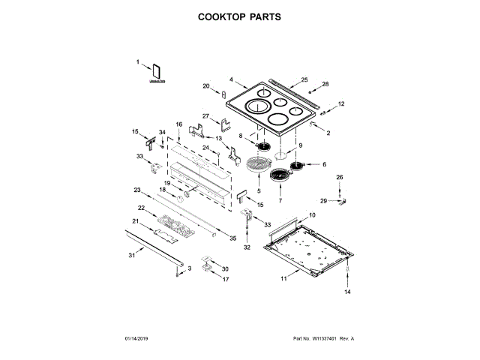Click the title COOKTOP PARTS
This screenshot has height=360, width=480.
(x=239, y=16)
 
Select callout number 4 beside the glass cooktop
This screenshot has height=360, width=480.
(x=232, y=79)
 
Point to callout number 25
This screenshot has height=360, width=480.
(x=304, y=79)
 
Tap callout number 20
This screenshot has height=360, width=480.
(x=206, y=86)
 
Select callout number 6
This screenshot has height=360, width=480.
(x=325, y=164)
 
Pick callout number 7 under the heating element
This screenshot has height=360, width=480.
(x=280, y=200)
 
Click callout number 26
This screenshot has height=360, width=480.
(x=339, y=177)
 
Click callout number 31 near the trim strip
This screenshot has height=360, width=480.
(x=131, y=256)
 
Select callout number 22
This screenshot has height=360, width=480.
(x=141, y=207)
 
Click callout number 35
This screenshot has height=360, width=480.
(x=232, y=238)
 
